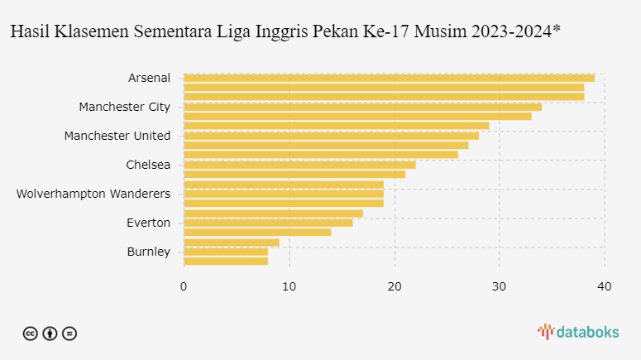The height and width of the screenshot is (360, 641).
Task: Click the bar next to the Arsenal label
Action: (x=390, y=78)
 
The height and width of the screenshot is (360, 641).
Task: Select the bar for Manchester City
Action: (x=363, y=108)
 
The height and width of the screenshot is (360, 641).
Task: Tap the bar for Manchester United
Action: (x=332, y=136)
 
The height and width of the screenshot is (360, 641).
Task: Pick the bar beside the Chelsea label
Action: (x=300, y=165)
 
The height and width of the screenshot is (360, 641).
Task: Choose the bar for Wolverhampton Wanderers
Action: (x=285, y=194)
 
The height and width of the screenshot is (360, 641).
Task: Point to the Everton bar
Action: (x=268, y=223)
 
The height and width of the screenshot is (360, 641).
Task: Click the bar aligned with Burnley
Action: (x=226, y=252)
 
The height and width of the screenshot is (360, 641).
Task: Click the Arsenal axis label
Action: (x=149, y=78)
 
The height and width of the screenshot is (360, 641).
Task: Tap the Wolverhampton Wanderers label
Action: (x=93, y=194)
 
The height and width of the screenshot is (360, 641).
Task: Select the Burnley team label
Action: (x=148, y=252)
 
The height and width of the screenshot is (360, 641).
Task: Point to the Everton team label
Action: (x=148, y=223)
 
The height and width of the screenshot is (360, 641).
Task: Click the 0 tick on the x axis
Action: (x=184, y=286)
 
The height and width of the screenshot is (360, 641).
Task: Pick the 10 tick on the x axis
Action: (x=289, y=286)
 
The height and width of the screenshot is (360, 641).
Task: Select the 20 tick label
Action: (x=395, y=286)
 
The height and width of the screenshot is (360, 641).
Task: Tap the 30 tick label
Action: (x=499, y=286)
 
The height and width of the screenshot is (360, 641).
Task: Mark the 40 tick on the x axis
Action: (x=605, y=286)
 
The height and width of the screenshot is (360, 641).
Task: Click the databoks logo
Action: (x=578, y=332)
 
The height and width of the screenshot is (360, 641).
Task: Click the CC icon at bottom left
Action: (x=31, y=334)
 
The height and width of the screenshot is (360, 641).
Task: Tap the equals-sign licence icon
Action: (x=69, y=334)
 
